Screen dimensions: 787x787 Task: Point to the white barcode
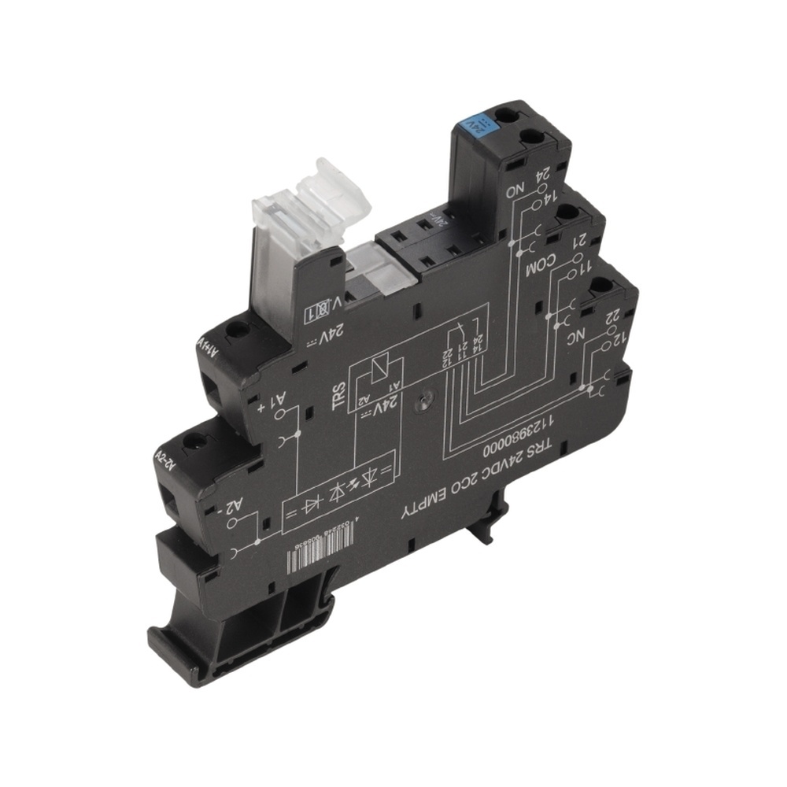tap(323, 554)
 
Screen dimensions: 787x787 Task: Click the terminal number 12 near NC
tap(619, 338)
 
